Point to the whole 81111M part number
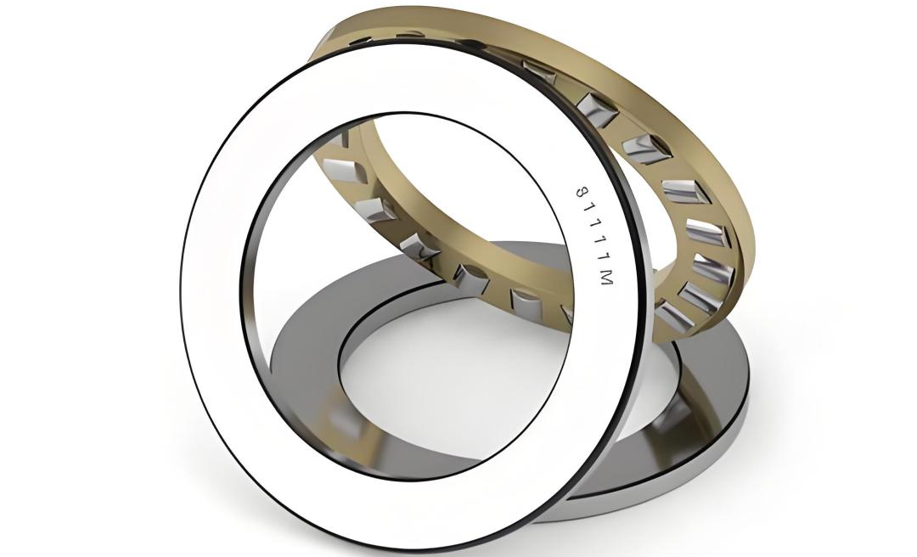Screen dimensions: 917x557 [594, 237]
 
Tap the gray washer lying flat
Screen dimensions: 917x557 [719, 374]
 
